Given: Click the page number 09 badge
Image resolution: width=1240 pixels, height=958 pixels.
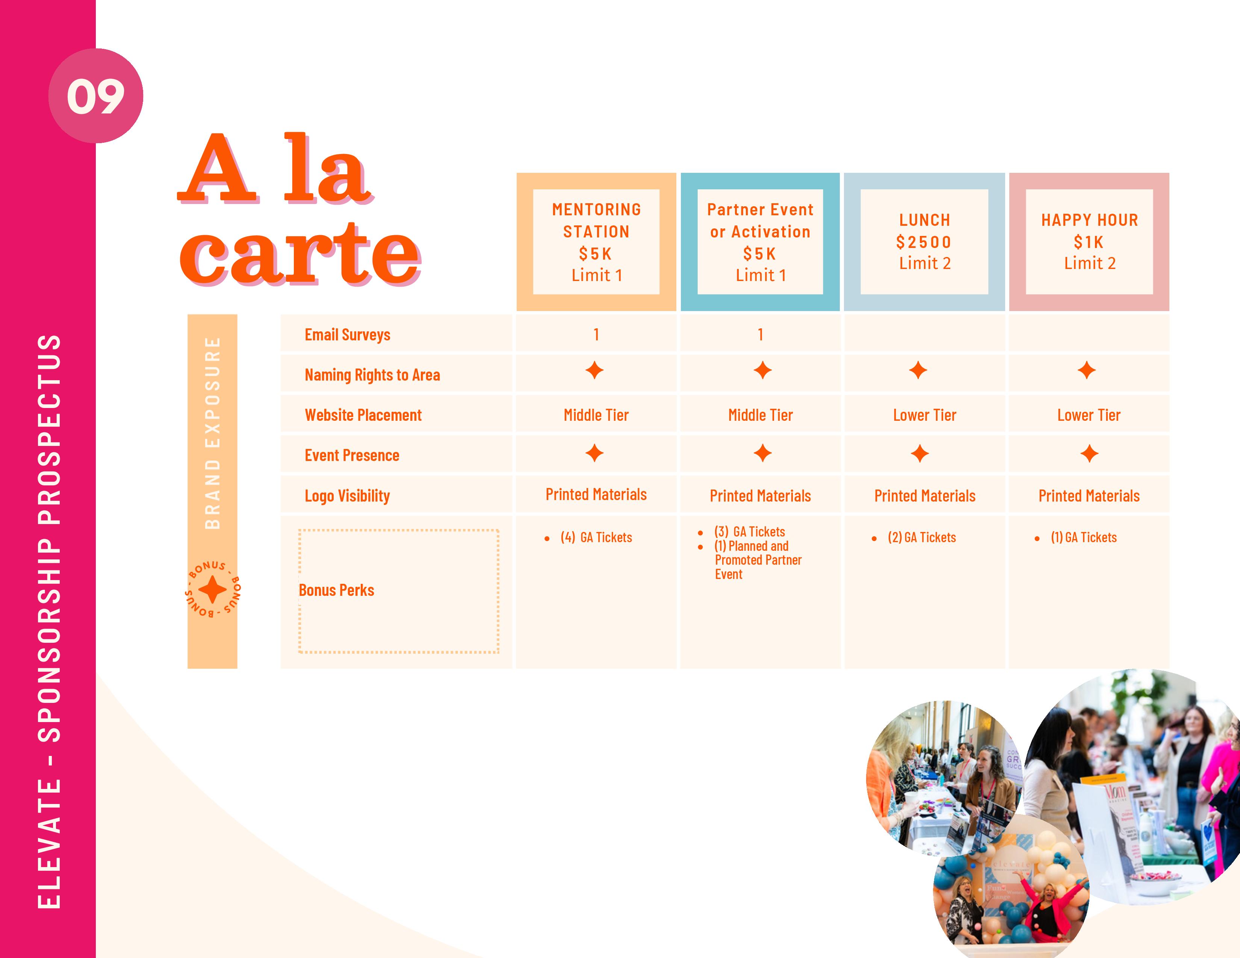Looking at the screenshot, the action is click(x=95, y=95).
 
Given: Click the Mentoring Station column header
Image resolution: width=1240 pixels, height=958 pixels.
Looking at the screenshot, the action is click(x=596, y=242).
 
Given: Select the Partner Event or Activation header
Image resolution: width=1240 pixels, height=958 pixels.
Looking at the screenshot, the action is click(x=760, y=242).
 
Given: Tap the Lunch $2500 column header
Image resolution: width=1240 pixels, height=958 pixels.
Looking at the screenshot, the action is click(x=924, y=242).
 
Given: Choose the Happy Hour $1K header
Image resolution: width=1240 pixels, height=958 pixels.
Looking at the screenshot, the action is click(x=1089, y=242).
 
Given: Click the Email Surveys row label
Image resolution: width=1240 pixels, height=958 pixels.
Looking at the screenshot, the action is click(x=348, y=335).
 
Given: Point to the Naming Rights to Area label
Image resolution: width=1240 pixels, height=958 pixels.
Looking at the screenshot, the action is click(x=372, y=375).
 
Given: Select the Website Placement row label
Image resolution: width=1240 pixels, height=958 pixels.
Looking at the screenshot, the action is click(x=363, y=416).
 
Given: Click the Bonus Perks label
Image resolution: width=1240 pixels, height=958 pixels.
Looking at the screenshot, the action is click(x=336, y=590).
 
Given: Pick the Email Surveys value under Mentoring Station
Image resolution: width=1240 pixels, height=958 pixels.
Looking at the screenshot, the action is click(x=596, y=335).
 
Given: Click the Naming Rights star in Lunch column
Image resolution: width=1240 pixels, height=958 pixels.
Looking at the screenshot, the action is click(x=918, y=370).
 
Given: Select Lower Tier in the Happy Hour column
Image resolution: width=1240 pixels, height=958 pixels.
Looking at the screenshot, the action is click(x=1089, y=416).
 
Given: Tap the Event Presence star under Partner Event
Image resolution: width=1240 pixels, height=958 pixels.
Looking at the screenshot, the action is click(x=762, y=453).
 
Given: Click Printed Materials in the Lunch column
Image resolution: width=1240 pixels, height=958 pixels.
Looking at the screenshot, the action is click(x=924, y=496).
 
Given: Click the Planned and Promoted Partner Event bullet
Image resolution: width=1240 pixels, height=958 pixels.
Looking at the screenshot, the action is click(x=758, y=560).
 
